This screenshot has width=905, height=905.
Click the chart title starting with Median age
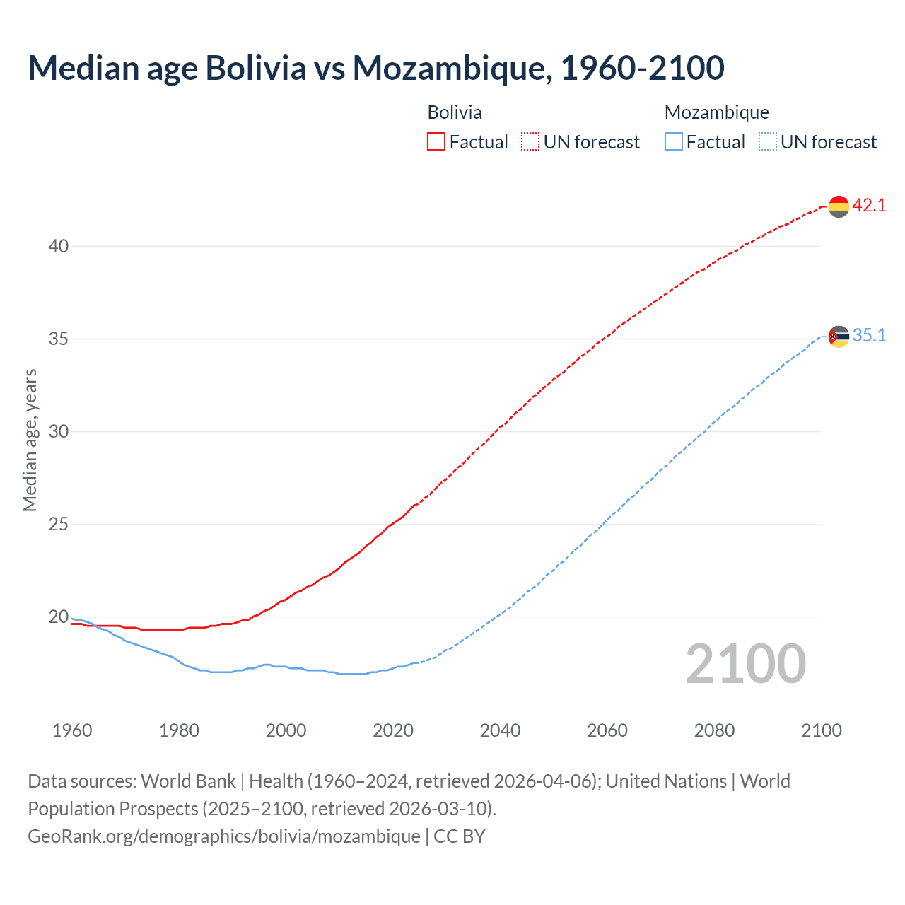pyautogui.click(x=376, y=69)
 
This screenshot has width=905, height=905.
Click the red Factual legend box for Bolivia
pyautogui.click(x=436, y=142)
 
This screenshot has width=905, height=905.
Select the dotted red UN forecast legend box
pyautogui.click(x=530, y=142)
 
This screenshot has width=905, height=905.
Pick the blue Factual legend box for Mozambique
pyautogui.click(x=674, y=142)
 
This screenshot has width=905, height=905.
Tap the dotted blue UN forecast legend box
pyautogui.click(x=768, y=142)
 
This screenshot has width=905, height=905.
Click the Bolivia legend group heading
pyautogui.click(x=455, y=112)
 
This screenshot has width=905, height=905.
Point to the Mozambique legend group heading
pyautogui.click(x=716, y=112)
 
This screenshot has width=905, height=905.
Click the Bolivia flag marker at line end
pyautogui.click(x=839, y=206)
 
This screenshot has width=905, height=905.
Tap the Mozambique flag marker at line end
pyautogui.click(x=839, y=337)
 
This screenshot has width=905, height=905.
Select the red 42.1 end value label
pyautogui.click(x=869, y=206)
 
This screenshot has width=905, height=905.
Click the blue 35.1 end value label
pyautogui.click(x=869, y=336)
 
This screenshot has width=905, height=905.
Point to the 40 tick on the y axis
pyautogui.click(x=59, y=247)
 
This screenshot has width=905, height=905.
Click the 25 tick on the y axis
pyautogui.click(x=59, y=525)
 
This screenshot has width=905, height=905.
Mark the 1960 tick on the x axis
pyautogui.click(x=72, y=730)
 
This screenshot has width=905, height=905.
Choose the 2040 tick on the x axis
pyautogui.click(x=500, y=730)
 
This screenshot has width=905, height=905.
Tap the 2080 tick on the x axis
pyautogui.click(x=714, y=730)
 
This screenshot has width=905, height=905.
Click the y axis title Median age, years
pyautogui.click(x=30, y=440)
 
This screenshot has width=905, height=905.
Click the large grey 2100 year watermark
pyautogui.click(x=746, y=664)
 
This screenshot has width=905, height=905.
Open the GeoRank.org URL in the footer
pyautogui.click(x=224, y=836)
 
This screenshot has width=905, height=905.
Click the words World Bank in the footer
pyautogui.click(x=188, y=781)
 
